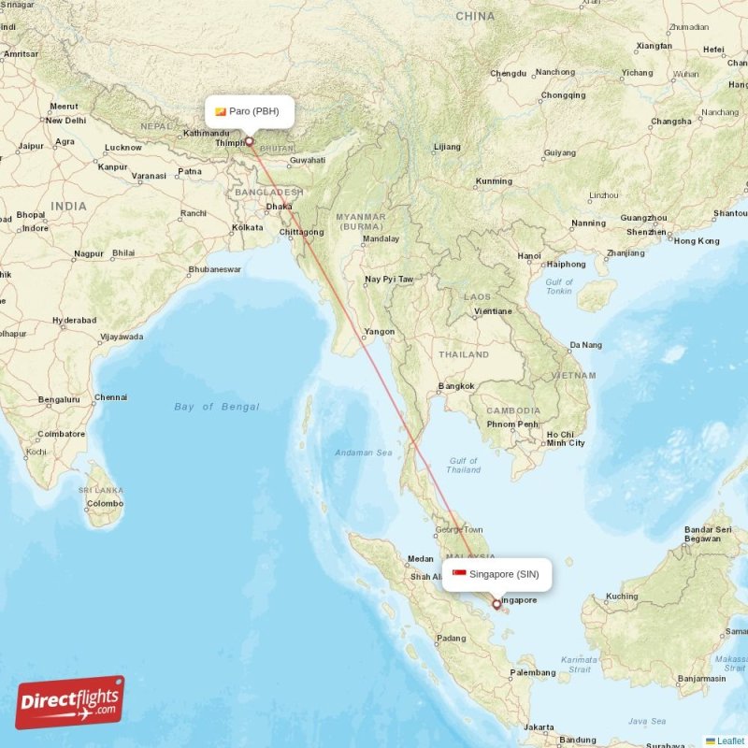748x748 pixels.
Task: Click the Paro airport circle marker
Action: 250,142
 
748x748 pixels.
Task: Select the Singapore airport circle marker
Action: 496,604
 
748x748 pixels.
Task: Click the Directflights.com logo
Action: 70,702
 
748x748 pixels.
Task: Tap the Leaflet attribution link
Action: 729,741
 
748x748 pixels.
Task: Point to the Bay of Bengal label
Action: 217,407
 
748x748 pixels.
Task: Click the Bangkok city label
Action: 456,386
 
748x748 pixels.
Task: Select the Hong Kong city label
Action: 697,241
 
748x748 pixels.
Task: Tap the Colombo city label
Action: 104,504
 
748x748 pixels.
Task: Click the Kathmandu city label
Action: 207,133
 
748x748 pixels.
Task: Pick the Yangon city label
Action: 380,332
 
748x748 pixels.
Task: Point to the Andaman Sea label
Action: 364,453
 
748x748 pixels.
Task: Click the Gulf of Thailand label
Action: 463,465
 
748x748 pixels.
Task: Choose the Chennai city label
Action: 110,396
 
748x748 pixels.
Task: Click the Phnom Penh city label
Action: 512,424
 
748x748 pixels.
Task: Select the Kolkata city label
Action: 248,227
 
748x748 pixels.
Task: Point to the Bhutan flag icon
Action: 221,111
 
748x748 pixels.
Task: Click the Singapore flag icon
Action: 459,574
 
